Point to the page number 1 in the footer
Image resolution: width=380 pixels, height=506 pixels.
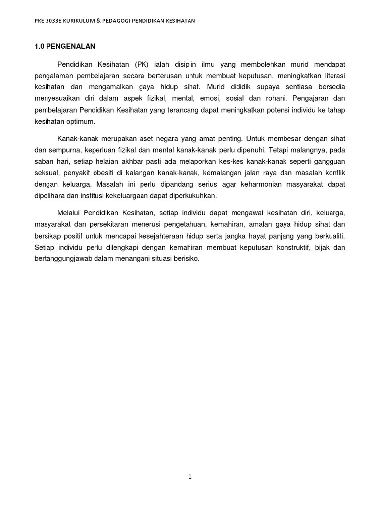190,477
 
